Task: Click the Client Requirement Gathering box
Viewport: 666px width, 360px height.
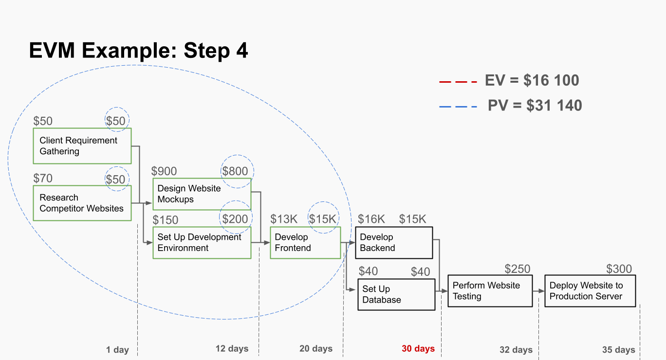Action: (82, 146)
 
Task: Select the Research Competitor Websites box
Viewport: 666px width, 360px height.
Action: (82, 203)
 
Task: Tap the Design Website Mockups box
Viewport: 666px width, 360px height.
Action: (202, 194)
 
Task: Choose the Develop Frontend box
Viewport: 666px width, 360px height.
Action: (305, 243)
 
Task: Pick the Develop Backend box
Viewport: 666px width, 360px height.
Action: (394, 243)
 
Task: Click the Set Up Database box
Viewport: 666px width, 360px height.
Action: (396, 294)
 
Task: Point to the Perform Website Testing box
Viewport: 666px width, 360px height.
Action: (490, 291)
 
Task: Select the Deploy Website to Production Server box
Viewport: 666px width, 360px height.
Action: (590, 291)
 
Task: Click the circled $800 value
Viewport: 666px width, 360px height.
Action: (235, 171)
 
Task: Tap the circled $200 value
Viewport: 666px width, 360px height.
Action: (235, 219)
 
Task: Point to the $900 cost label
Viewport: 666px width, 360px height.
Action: (164, 171)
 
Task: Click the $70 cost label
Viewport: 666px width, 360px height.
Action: (43, 179)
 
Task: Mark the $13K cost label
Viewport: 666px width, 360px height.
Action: (284, 219)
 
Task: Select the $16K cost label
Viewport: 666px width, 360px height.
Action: (371, 219)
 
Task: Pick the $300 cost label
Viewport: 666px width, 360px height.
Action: (619, 269)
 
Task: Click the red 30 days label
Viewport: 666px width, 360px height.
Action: (418, 349)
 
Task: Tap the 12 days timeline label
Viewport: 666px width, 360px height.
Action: (232, 349)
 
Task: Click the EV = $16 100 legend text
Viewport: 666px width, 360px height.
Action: (532, 80)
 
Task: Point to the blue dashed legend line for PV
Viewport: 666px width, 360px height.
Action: (458, 106)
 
